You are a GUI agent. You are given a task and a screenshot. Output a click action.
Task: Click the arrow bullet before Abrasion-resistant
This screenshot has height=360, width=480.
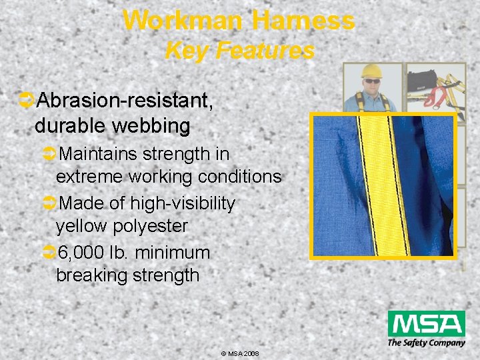click(x=27, y=101)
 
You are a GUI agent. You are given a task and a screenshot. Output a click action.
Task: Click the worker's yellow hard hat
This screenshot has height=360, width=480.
click(x=371, y=71)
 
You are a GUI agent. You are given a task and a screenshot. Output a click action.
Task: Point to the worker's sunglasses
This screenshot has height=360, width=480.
click(x=372, y=81)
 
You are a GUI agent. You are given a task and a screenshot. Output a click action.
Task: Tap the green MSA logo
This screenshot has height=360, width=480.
click(x=426, y=325)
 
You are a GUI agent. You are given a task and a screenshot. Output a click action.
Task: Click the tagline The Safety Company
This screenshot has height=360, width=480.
click(x=426, y=343)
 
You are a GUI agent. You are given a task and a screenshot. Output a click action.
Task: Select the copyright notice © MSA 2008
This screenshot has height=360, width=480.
click(x=239, y=353)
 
